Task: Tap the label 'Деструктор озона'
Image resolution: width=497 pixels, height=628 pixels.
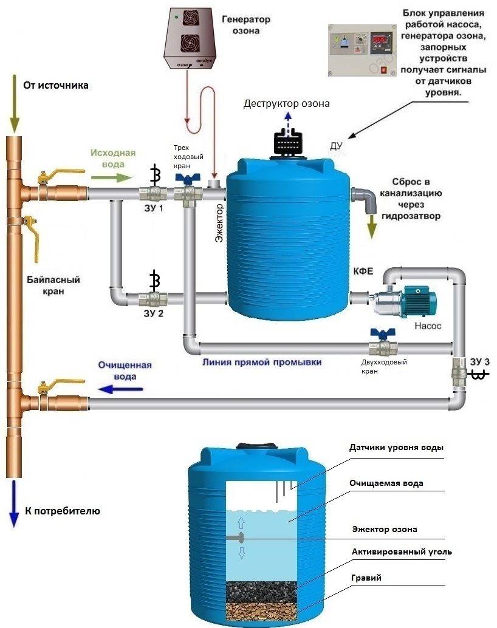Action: click(x=287, y=104)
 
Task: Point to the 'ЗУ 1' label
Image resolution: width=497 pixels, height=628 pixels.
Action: click(x=154, y=208)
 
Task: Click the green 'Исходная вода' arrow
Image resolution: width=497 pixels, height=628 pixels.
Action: click(x=111, y=177)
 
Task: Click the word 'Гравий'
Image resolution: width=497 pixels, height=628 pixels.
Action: click(x=366, y=578)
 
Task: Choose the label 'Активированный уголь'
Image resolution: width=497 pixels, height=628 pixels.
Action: click(x=402, y=552)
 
